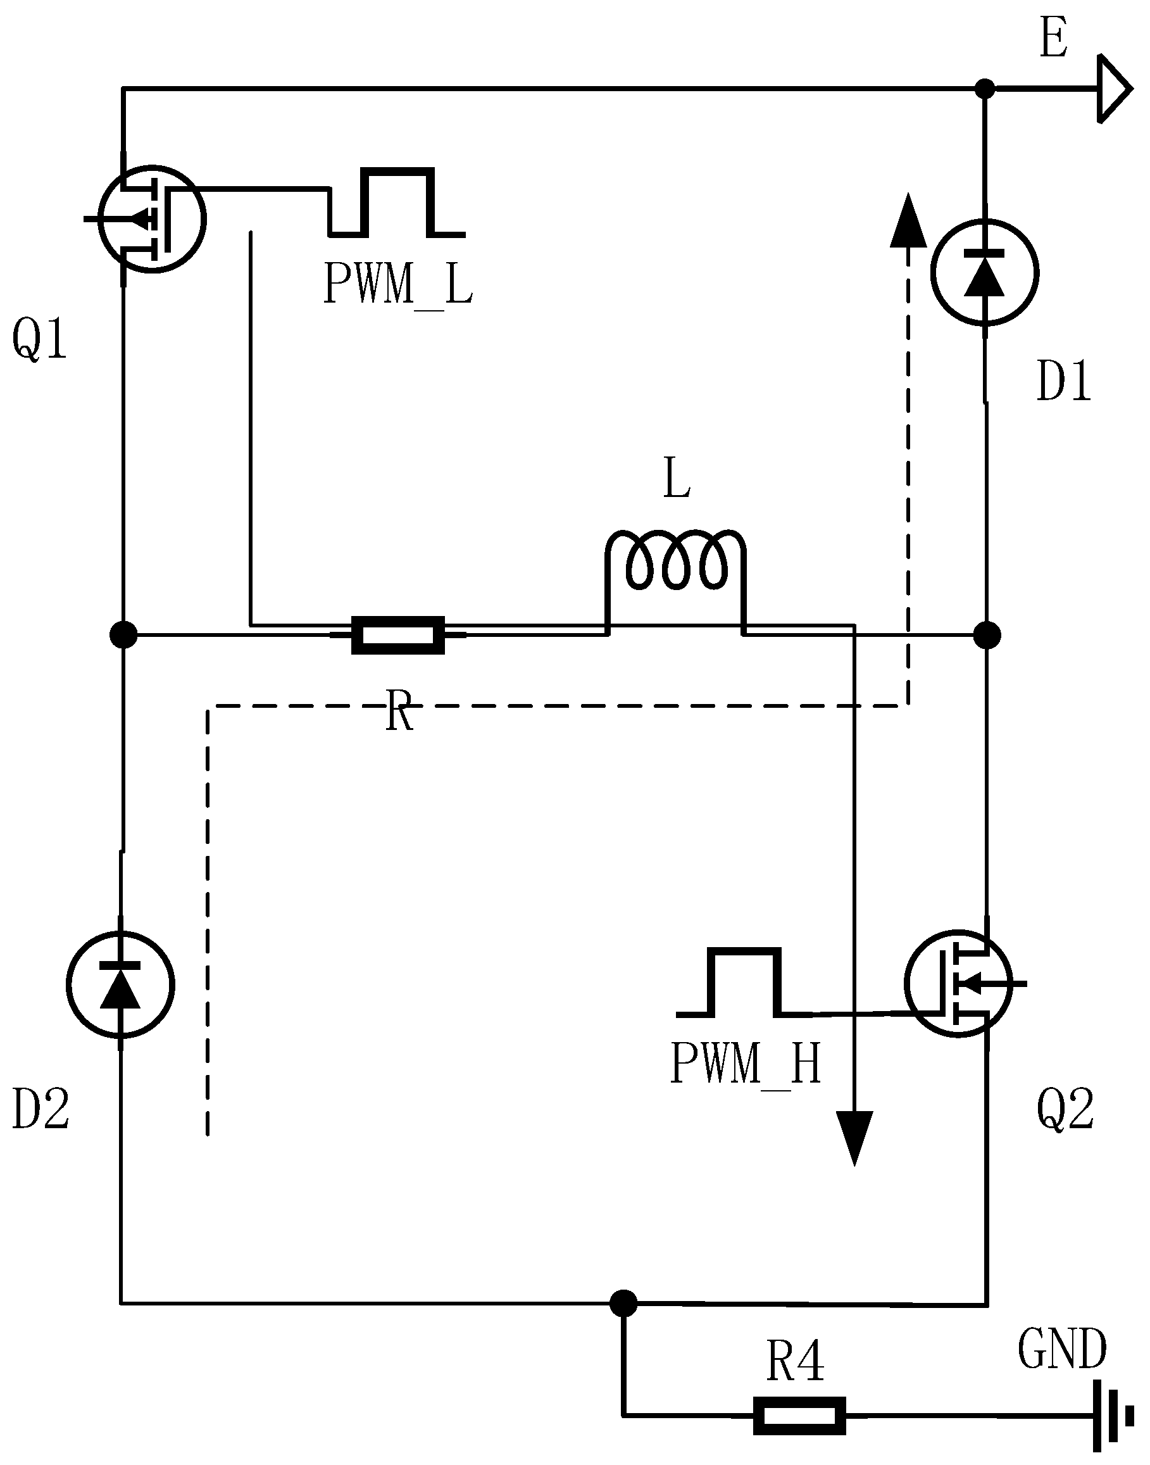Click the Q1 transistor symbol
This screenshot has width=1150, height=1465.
point(151,218)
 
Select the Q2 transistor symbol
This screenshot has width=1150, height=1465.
point(958,984)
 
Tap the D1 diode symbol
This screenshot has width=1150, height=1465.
point(984,272)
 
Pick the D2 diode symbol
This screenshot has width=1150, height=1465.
point(120,984)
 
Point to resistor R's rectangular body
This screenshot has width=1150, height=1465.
point(399,634)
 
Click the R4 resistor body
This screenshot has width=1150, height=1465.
point(799,1416)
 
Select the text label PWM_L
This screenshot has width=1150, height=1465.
point(398,286)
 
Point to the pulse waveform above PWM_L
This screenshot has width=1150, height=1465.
point(397,202)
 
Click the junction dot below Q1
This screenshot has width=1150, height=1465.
point(123,634)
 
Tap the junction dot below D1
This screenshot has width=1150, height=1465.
point(987,634)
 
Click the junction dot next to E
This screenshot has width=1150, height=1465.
point(985,88)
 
